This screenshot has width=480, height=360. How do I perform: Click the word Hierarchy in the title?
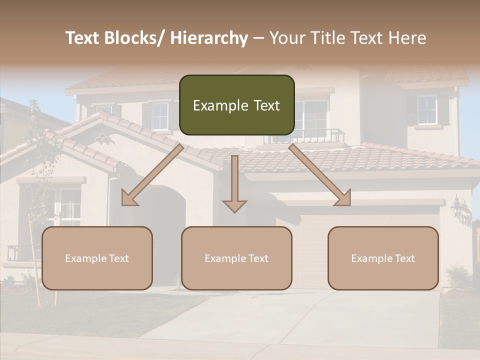(209, 38)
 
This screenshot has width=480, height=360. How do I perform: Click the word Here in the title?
(407, 38)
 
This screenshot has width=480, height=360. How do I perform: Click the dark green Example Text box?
(236, 105)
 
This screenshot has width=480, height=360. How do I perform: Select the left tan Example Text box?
(97, 258)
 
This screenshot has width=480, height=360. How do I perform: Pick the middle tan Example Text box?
(236, 258)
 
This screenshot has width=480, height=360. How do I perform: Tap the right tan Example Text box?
(383, 258)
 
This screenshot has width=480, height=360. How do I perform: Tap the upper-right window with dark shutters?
(427, 110)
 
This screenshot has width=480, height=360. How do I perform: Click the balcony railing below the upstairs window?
(305, 136)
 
